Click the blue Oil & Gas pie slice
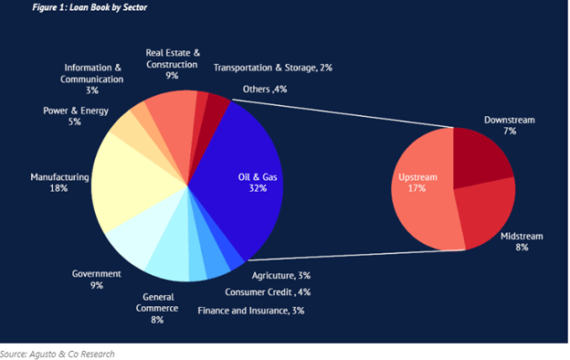(x=241, y=179)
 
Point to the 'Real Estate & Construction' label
(x=173, y=65)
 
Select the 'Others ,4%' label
(x=265, y=90)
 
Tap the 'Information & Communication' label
(x=92, y=78)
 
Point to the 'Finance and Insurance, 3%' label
(x=250, y=311)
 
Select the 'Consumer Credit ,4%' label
(x=269, y=292)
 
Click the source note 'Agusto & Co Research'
(x=58, y=353)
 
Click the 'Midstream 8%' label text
(x=522, y=241)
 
